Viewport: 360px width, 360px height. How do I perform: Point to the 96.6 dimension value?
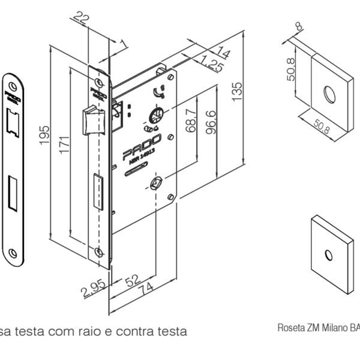pos(211,123)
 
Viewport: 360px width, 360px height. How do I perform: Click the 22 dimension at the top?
pos(82,19)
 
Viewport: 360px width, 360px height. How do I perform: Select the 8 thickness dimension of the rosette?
pos(299,27)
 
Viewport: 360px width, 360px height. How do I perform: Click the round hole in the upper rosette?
pos(328,94)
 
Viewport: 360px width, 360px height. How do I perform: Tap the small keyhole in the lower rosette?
pos(328,256)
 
